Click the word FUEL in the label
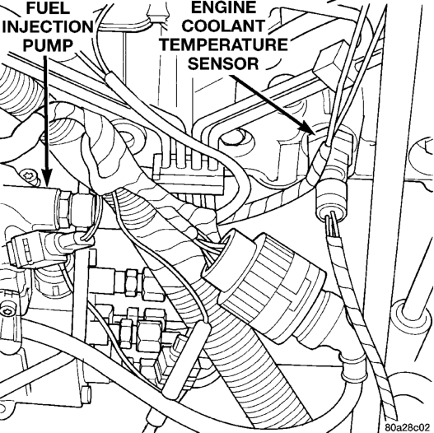[47, 8]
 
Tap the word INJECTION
[47, 26]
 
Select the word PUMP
[48, 45]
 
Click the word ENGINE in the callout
[224, 7]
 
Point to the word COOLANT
[224, 26]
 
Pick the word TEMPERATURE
[224, 44]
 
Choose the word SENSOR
[224, 63]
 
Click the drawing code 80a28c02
[408, 426]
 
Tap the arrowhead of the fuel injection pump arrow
[47, 176]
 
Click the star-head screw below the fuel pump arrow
[28, 175]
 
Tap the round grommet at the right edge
[413, 314]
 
